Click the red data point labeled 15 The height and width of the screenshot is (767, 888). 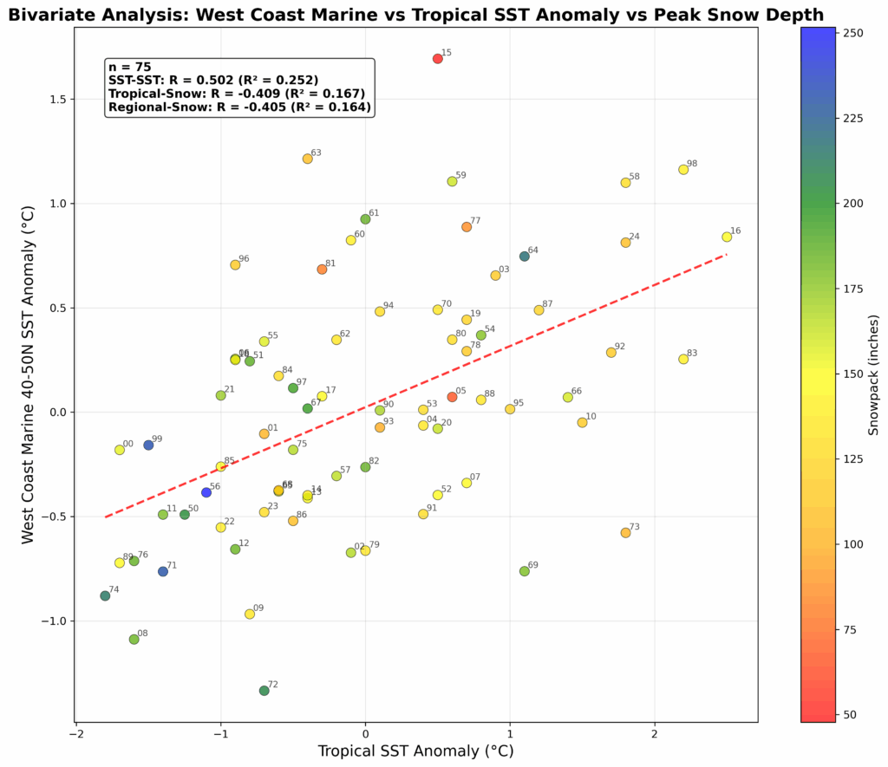point(438,59)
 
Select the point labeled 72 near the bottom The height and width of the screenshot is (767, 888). point(264,691)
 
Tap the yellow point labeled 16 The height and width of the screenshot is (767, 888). point(727,237)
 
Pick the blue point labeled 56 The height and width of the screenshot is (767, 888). point(206,492)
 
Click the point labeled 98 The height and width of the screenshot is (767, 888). point(683,169)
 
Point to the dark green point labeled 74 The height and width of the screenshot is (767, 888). point(105,595)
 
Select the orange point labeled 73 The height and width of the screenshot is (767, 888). point(625,533)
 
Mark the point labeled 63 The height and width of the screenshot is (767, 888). point(308,159)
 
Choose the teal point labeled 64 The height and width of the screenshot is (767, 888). point(525,256)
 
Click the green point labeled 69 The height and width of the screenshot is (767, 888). point(524,571)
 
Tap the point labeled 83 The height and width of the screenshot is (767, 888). point(683,359)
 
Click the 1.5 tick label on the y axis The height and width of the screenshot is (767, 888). point(59,100)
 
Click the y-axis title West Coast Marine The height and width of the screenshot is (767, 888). point(29,374)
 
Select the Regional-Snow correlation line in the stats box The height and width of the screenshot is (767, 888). point(239,107)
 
